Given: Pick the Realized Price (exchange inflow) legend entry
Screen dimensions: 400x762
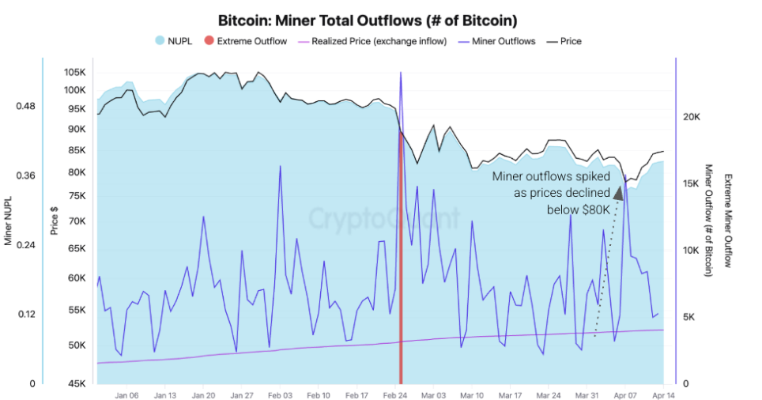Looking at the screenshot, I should coord(369,41).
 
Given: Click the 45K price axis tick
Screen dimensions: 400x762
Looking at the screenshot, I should coord(76,384).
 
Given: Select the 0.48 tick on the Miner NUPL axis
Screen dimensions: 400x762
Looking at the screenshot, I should coord(25,106).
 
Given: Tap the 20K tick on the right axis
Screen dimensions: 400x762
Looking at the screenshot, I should coord(693,117).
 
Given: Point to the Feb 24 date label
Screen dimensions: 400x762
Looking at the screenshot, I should coord(395,394).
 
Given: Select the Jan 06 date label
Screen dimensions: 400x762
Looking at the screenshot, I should coord(126,394).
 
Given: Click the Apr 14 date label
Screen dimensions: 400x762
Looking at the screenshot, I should coord(662,394).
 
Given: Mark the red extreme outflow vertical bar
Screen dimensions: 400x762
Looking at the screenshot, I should coord(401,253).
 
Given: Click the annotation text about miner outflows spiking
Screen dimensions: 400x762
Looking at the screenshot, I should coord(552,193).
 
